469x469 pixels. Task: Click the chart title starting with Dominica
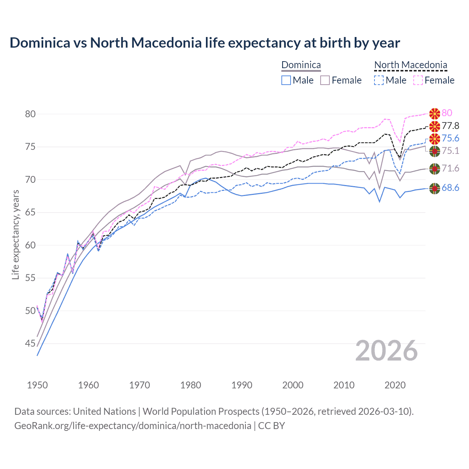[x=204, y=43]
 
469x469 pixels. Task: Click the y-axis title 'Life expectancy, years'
[x=15, y=234]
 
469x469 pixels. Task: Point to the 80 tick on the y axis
[x=30, y=114]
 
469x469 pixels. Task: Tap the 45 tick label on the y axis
[x=30, y=343]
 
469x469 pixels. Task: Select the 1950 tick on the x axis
[x=37, y=385]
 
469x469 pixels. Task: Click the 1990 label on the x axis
[x=242, y=385]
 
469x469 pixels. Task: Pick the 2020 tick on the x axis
[x=395, y=385]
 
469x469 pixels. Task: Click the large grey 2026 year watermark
[x=386, y=351]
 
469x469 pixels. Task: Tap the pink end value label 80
[x=447, y=113]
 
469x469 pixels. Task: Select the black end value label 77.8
[x=450, y=126]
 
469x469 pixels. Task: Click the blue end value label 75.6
[x=450, y=138]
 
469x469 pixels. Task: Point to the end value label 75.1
[x=450, y=151]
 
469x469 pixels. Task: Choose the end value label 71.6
[x=450, y=168]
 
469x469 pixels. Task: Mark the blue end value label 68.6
[x=450, y=188]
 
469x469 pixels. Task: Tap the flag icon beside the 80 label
[x=435, y=114]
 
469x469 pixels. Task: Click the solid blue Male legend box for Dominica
[x=286, y=80]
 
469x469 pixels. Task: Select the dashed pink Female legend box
[x=418, y=80]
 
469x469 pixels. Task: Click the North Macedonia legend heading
[x=410, y=65]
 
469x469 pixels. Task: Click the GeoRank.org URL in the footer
[x=133, y=426]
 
